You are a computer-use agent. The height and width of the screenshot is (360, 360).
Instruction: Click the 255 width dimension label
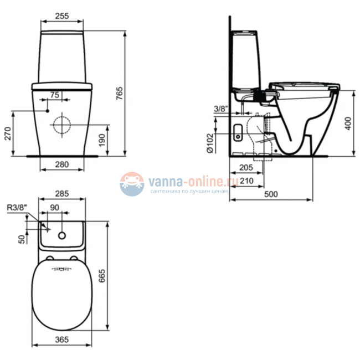pyautogui.click(x=62, y=16)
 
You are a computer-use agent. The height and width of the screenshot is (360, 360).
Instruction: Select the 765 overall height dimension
pyautogui.click(x=119, y=93)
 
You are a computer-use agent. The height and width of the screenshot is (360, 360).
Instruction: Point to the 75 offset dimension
pyautogui.click(x=55, y=95)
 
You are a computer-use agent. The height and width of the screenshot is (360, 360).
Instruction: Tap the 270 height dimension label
pyautogui.click(x=8, y=133)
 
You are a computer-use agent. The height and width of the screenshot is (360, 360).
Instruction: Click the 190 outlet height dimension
pyautogui.click(x=102, y=140)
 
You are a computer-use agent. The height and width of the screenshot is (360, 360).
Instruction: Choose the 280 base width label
pyautogui.click(x=62, y=164)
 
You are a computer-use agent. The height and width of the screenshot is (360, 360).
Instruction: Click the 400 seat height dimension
pyautogui.click(x=348, y=124)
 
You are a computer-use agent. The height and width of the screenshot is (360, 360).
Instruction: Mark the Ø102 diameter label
pyautogui.click(x=210, y=143)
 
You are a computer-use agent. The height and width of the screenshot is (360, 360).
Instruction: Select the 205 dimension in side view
pyautogui.click(x=246, y=167)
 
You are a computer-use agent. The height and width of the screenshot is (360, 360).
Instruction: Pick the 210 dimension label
pyautogui.click(x=246, y=181)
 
